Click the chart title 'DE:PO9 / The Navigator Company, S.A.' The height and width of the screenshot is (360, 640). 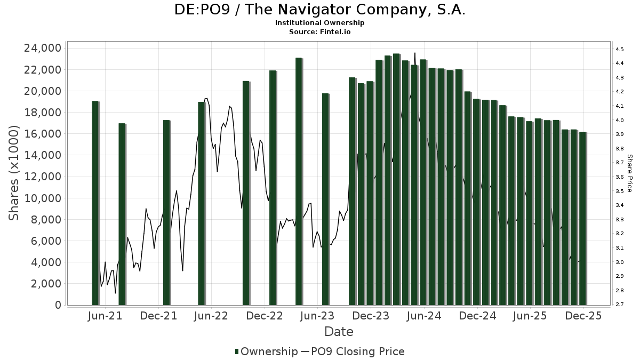tap(320, 10)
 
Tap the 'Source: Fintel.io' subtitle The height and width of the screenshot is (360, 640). tap(320, 31)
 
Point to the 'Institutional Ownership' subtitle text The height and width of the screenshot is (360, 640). tap(320, 23)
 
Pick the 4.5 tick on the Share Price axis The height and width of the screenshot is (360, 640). tap(620, 49)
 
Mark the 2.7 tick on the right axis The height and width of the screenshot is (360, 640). tap(620, 305)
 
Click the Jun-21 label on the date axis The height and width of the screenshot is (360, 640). tap(105, 316)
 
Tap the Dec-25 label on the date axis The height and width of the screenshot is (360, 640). tap(583, 316)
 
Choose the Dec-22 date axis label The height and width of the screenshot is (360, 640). tap(265, 316)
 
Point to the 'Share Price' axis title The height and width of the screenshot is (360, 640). tap(629, 173)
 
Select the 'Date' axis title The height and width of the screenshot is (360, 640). tap(339, 332)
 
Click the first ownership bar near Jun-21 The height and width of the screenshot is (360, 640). tap(95, 203)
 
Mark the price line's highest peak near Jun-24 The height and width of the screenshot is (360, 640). tap(414, 53)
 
